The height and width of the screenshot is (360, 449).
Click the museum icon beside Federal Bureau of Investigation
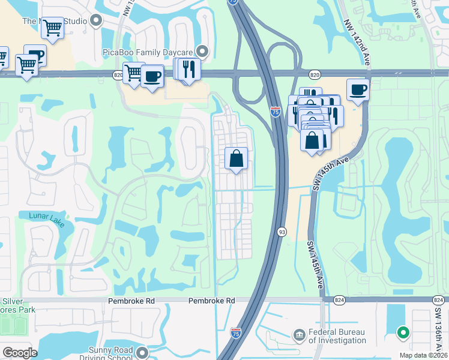point(299,334)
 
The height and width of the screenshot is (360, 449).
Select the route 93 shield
point(281,231)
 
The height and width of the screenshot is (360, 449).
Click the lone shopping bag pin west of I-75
point(237,159)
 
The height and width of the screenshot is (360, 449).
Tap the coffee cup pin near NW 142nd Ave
point(358,90)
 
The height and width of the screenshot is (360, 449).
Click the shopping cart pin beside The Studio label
point(53,28)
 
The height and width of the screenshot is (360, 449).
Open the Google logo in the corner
point(19,353)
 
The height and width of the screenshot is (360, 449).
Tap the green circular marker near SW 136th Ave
point(403,331)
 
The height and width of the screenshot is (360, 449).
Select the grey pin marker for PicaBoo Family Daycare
point(202,52)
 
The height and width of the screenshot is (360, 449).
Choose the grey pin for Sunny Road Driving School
point(142,352)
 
